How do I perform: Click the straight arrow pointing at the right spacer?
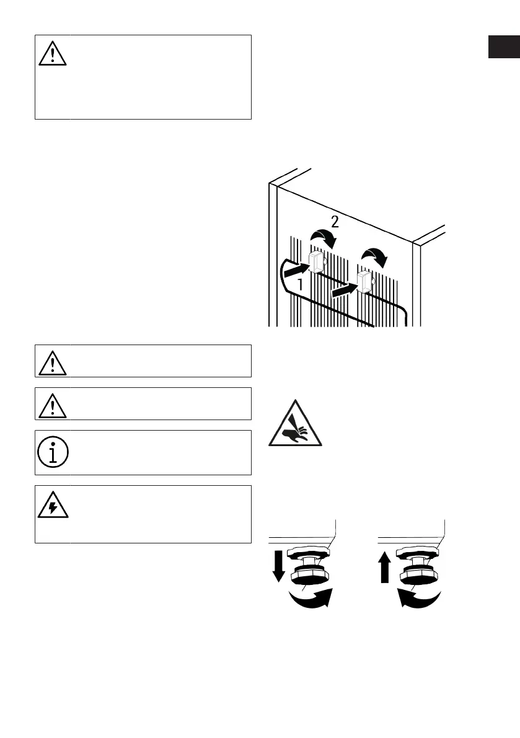pyautogui.click(x=343, y=288)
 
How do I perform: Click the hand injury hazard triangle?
pyautogui.click(x=295, y=424)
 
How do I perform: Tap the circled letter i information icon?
pyautogui.click(x=52, y=453)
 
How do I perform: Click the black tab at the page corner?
pyautogui.click(x=504, y=47)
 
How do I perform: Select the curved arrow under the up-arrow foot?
pyautogui.click(x=421, y=600)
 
